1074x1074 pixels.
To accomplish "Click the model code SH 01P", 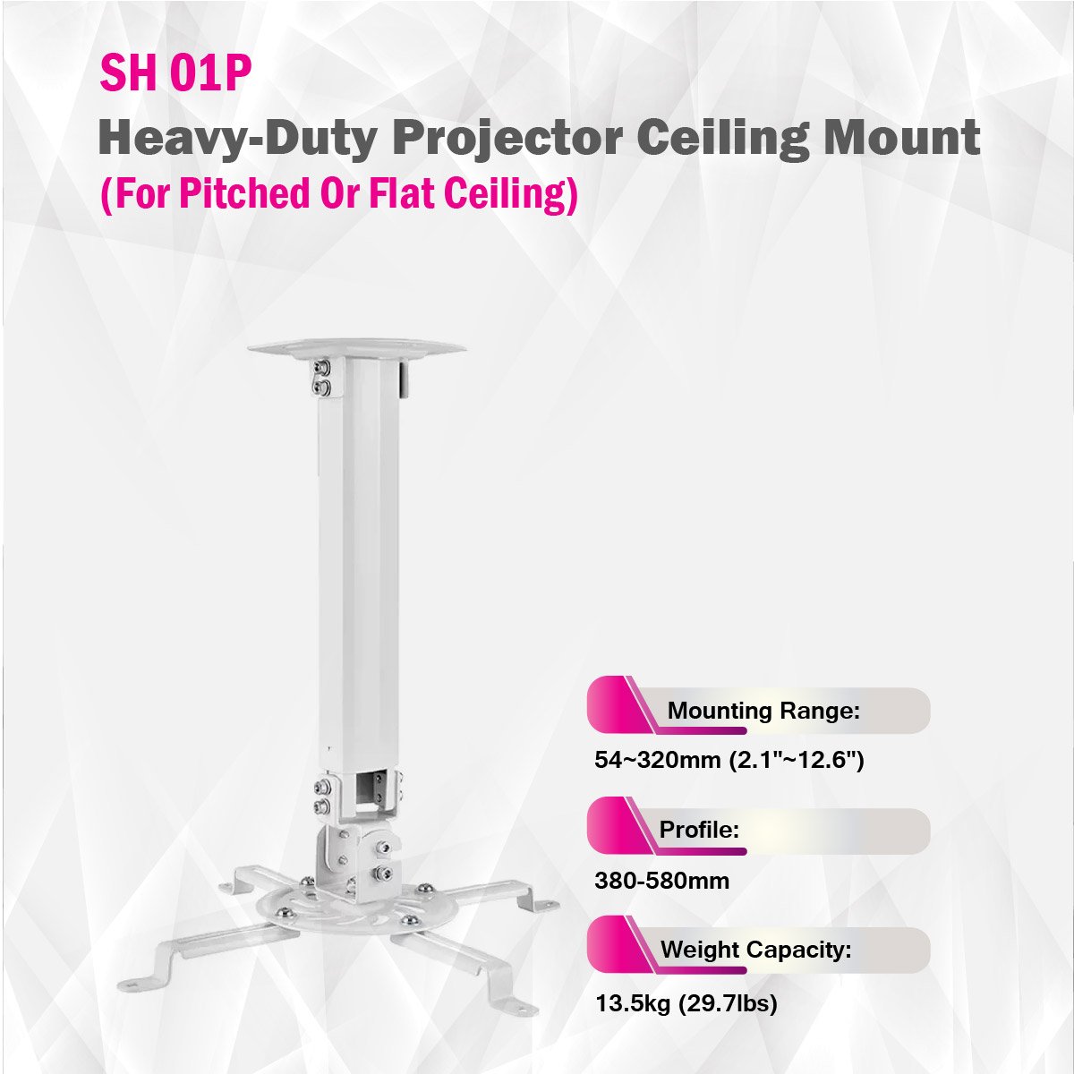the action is coord(175,73).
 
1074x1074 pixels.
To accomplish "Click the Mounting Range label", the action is coord(763,711).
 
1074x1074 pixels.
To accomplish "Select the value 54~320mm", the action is coord(657,760).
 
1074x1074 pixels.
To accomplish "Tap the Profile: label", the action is coord(699,830).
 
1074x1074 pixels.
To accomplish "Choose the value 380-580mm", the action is coord(661,882).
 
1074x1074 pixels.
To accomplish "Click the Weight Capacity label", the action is coord(755,950).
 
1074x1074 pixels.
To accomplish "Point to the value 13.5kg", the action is coord(633,1003).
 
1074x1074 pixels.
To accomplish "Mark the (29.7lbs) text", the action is coord(728,1003).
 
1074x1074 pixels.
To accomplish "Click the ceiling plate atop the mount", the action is coord(356,348).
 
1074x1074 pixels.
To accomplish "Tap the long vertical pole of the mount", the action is coord(358,563).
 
